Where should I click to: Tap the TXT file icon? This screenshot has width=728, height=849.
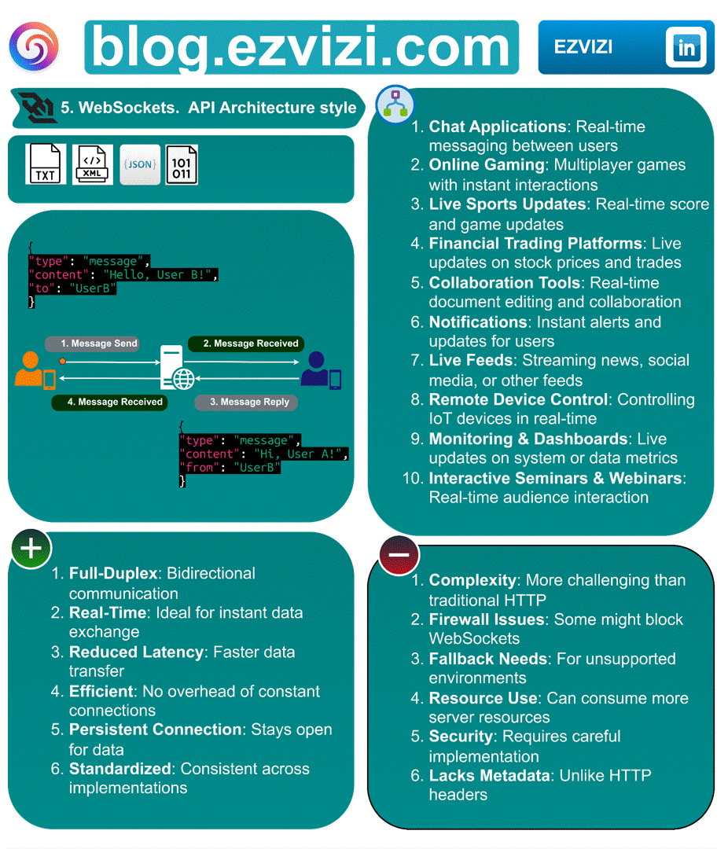coord(46,165)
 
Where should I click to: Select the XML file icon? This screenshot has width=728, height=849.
coord(93,165)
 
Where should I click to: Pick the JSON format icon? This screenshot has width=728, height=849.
coord(140,165)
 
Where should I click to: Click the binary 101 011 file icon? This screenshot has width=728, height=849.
coord(182,165)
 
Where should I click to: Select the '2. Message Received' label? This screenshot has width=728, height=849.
coord(246,344)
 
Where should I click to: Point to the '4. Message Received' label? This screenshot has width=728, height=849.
coord(108,402)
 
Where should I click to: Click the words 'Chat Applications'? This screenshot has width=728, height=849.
coord(497,127)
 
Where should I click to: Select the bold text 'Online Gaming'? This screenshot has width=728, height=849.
coord(485,165)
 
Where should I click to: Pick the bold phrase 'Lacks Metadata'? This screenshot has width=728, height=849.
coord(490,776)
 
